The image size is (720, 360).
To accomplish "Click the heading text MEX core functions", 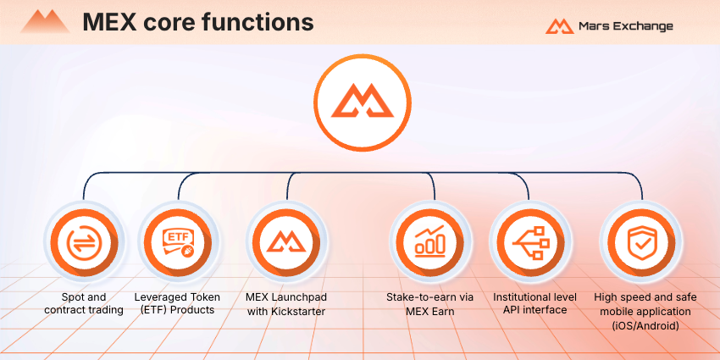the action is [x=198, y=22].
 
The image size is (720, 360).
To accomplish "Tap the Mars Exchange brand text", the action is [x=625, y=26].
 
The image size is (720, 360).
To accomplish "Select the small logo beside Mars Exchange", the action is [x=559, y=26].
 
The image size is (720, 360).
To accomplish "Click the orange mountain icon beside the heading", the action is [x=45, y=21].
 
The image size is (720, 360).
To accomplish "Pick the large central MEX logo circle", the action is [x=363, y=102].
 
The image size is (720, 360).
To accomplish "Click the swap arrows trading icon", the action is [x=85, y=242].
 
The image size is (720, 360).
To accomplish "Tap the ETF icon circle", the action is [x=179, y=242].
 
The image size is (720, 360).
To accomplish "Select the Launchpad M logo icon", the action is [x=286, y=242].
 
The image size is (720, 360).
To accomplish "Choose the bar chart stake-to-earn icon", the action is [x=430, y=242].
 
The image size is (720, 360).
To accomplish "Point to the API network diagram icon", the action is [x=530, y=242].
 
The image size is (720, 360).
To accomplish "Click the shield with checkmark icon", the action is [x=641, y=242].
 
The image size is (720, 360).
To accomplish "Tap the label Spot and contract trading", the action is [x=84, y=303].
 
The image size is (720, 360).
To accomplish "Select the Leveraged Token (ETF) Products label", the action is [x=177, y=303].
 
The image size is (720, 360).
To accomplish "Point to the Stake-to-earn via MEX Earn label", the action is [x=429, y=304].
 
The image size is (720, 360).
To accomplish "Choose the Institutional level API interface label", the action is [x=535, y=303].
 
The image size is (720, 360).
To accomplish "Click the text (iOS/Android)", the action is [x=645, y=326].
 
